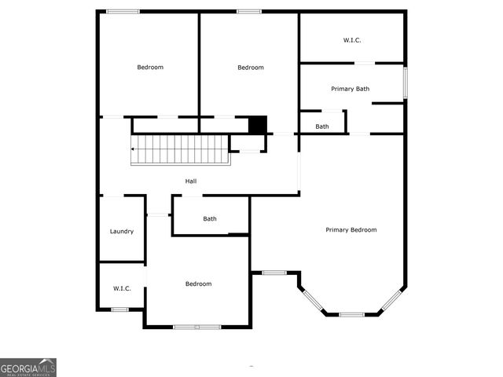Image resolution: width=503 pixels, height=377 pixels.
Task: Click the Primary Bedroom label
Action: coord(351,230)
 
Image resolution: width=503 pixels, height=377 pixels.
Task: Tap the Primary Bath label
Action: coord(351,89)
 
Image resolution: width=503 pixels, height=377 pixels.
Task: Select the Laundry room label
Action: coord(122,232)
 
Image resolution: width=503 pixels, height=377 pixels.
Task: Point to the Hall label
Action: coord(191,181)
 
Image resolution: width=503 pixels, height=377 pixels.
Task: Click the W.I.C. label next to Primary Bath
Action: coord(351,40)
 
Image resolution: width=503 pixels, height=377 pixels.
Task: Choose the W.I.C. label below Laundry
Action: coord(122,288)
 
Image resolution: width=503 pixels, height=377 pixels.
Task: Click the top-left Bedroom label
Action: coord(150,68)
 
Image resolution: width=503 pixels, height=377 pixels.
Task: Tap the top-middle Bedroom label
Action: coord(251,68)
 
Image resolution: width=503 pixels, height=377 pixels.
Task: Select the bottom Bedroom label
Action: coord(198,284)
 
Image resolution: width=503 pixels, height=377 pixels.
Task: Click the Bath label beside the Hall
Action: coord(210,219)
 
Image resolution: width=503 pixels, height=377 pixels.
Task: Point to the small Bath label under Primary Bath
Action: coord(322,126)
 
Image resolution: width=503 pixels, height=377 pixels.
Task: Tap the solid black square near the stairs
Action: coord(258,125)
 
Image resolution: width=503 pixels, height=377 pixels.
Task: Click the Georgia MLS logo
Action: coord(28,368)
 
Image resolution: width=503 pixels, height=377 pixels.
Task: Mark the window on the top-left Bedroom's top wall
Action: coord(123,11)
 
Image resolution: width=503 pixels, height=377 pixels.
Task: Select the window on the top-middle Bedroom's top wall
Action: coord(249,11)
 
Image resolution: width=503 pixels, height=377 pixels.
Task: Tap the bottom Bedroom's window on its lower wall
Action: coord(197,327)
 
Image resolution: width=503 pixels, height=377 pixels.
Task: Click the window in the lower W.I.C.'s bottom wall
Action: coord(119,309)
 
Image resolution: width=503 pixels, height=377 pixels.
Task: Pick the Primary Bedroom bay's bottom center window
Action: coord(351,314)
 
